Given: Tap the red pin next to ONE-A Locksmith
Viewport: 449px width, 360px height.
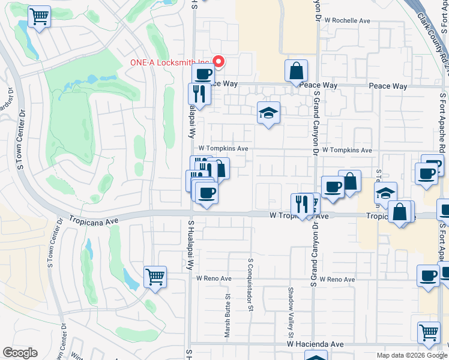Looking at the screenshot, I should (219, 61).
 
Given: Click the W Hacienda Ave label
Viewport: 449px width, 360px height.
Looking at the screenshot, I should (315, 344).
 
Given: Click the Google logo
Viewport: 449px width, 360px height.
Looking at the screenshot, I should (20, 353).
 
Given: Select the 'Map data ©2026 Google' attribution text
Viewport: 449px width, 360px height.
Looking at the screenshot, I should (412, 355).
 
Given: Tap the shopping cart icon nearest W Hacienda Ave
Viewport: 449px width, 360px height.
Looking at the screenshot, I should (429, 332).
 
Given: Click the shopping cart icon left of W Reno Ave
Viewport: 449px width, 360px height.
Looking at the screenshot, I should (155, 277).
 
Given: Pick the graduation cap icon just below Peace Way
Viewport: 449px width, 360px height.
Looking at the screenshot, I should (268, 112).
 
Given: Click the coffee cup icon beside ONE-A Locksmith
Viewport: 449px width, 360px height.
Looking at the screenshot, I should (203, 74).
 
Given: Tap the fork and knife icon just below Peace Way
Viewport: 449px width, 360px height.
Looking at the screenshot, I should (198, 93).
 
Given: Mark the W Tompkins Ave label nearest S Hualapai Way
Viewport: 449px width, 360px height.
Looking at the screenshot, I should (223, 148).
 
